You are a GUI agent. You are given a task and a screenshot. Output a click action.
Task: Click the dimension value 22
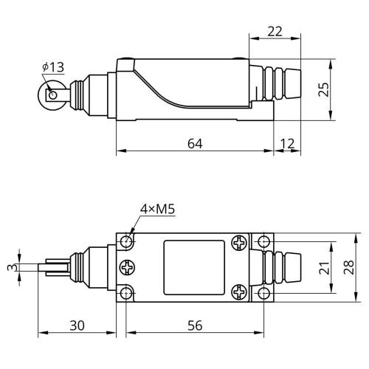point(275,32)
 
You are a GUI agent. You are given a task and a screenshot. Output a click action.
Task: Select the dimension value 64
point(195,144)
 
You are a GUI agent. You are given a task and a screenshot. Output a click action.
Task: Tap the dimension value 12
point(287,144)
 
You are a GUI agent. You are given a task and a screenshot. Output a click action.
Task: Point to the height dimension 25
point(323,89)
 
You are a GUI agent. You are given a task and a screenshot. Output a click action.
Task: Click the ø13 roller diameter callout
point(53,67)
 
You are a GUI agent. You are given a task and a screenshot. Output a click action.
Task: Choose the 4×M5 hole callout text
point(157,209)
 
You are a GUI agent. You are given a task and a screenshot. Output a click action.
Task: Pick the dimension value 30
point(77,325)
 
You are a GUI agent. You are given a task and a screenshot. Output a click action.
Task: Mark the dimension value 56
point(195,325)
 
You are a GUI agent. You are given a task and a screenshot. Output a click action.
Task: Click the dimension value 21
point(324,268)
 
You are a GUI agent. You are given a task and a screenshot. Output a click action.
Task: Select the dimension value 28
point(348,267)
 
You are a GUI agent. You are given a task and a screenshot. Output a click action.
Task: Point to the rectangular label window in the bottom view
point(194,267)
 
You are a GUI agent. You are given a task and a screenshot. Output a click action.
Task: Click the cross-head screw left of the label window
point(127,267)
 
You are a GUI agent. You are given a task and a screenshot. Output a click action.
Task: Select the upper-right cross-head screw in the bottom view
point(239,243)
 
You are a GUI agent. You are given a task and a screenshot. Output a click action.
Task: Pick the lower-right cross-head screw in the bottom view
point(239,292)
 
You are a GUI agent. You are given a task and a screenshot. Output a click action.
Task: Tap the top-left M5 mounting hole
point(126,241)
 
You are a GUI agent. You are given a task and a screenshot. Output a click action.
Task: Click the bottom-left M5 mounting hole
point(126,293)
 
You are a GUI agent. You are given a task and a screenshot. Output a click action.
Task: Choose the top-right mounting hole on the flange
point(263,241)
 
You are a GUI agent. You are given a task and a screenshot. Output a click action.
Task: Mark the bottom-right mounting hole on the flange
point(263,293)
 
